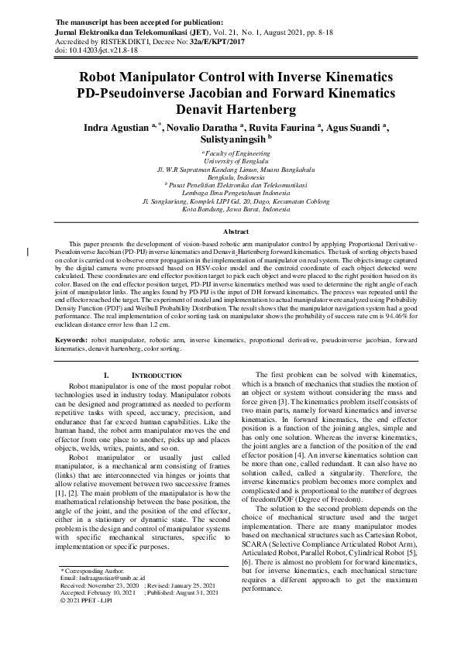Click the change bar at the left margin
(x=29, y=251)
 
